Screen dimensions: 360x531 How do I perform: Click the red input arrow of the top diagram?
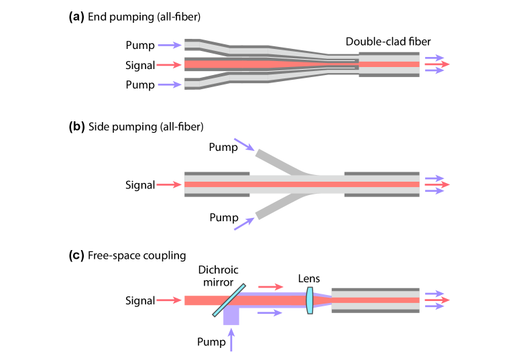(x=168, y=65)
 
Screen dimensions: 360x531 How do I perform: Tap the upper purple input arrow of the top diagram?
(x=169, y=46)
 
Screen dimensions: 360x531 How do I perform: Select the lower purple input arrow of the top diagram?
(x=169, y=84)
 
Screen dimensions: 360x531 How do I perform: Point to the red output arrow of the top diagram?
(x=437, y=64)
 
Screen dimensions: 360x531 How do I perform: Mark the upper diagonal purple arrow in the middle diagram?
(x=244, y=145)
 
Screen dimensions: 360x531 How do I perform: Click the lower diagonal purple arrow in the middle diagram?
(x=244, y=224)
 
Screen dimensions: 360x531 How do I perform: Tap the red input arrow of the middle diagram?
(x=168, y=184)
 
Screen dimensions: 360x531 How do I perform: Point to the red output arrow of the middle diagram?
(x=437, y=184)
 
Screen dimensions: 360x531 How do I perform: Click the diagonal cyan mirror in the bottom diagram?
(x=229, y=300)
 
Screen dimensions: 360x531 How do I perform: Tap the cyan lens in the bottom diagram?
(x=310, y=300)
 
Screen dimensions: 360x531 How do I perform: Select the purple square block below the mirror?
(x=231, y=316)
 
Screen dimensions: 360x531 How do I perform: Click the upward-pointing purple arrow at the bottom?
(x=231, y=340)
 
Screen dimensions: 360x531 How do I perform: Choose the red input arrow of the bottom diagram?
(x=168, y=300)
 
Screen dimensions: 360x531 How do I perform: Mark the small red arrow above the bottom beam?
(x=270, y=287)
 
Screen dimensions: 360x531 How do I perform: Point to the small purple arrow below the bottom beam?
(x=270, y=313)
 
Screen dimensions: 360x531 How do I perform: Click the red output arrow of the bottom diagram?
(x=437, y=300)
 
